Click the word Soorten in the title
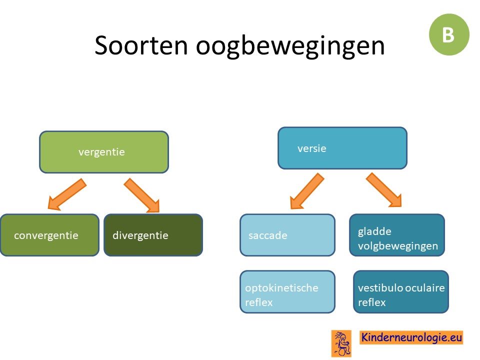tap(141, 45)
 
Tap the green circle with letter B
tap(449, 34)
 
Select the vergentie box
tap(104, 152)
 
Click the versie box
tap(342, 148)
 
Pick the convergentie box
tap(49, 235)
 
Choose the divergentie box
tap(153, 235)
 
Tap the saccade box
tap(287, 235)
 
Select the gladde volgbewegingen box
tap(397, 235)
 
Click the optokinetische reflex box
tap(287, 291)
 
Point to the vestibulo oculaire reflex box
tap(401, 291)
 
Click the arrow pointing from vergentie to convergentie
tap(67, 194)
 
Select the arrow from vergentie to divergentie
tap(141, 195)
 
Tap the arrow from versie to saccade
tap(306, 191)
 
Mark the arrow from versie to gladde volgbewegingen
tap(384, 190)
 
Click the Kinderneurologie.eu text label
tap(411, 337)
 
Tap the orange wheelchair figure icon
tap(341, 343)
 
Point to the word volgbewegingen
tap(398, 246)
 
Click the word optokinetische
tap(281, 288)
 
